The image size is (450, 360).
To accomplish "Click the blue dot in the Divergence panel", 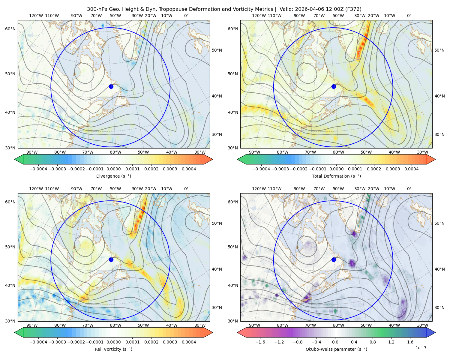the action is [111, 86].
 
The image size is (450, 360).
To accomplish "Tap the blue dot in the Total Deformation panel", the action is [334, 86].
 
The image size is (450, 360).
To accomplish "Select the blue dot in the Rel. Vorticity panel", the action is [111, 259].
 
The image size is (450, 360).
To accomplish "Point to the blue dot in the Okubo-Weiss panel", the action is [334, 259].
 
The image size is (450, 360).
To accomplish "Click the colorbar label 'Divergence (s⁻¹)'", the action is [113, 176].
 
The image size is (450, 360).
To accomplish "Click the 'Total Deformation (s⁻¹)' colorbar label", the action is [336, 176].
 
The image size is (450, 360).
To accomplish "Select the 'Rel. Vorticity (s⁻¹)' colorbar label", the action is [113, 349].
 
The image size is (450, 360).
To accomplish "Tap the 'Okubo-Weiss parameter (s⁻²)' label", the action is [336, 349].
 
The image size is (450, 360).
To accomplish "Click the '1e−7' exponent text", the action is [421, 348].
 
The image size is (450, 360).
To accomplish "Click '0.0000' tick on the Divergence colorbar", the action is [113, 169].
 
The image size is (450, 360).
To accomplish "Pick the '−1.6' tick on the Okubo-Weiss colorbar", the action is [260, 342].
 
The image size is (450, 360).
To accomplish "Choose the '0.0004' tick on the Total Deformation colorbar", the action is [411, 169].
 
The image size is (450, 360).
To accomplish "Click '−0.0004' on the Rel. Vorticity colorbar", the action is [38, 342].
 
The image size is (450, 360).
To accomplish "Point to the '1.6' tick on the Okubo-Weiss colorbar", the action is [410, 342].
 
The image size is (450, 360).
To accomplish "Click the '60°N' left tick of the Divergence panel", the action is [10, 29].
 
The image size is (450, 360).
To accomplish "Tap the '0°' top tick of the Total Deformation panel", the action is [409, 16].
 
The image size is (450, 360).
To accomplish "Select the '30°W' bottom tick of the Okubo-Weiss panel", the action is [422, 325].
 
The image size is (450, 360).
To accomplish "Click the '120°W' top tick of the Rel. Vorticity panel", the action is [36, 189].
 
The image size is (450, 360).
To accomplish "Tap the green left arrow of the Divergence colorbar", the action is [19, 159].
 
